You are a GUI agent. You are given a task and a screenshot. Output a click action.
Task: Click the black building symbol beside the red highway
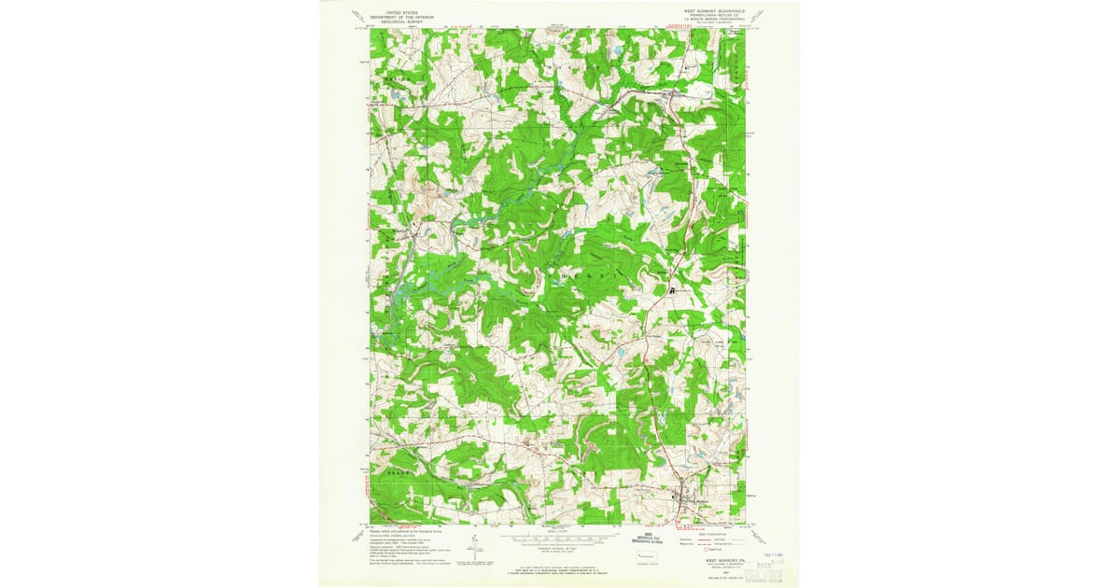pyautogui.click(x=671, y=291)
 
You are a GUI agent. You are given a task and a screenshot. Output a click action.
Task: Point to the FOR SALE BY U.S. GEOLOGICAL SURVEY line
pyautogui.click(x=557, y=562)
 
